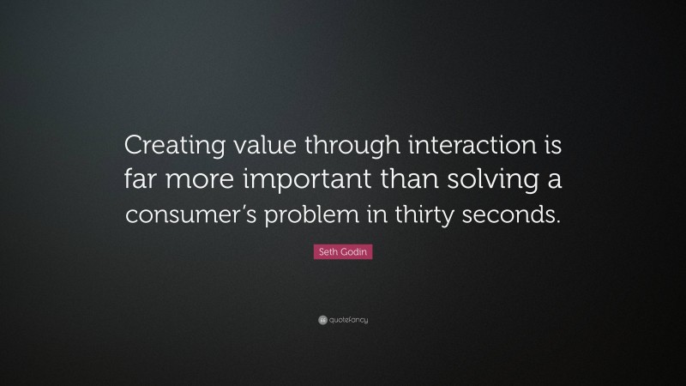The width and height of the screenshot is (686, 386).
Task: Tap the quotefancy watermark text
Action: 349,320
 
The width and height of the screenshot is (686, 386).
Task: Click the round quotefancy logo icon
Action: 322,320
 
